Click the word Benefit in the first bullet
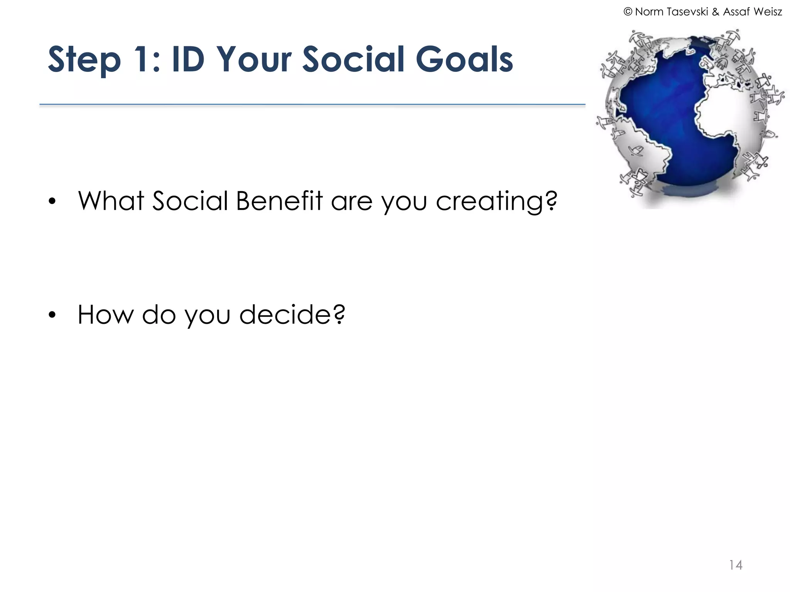point(279,201)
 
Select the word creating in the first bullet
point(490,202)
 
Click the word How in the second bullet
point(105,314)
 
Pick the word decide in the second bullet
point(285,314)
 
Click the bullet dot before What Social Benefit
point(52,202)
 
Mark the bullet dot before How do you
point(52,315)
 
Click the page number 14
point(735,565)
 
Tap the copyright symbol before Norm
point(628,12)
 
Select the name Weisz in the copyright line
point(768,12)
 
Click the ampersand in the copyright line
point(716,12)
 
